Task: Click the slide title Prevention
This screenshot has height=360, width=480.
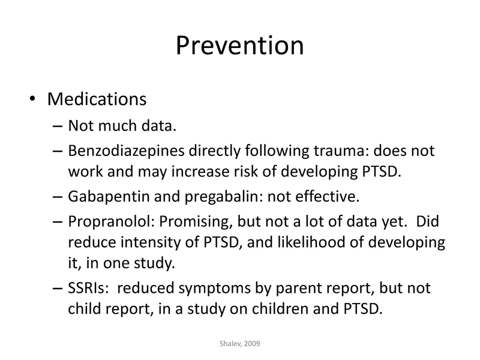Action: pyautogui.click(x=239, y=46)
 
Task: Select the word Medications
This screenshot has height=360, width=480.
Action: pyautogui.click(x=97, y=98)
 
